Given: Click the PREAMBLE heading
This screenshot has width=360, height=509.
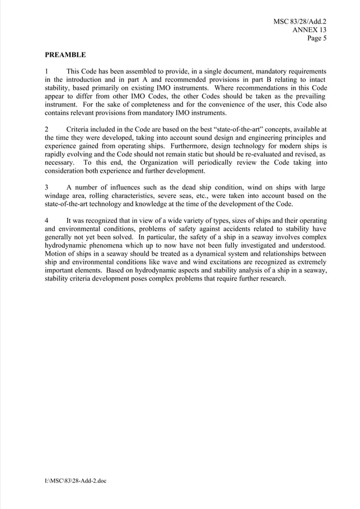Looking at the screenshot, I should tap(65, 55).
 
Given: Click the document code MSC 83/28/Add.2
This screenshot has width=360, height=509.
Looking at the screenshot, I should tap(300, 22).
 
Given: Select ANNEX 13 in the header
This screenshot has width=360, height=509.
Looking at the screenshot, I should tap(309, 30).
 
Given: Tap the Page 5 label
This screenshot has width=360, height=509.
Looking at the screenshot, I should tap(317, 38).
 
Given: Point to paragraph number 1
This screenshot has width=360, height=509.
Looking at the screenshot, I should tap(47, 72).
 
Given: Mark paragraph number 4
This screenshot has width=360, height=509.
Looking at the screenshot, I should tap(47, 221).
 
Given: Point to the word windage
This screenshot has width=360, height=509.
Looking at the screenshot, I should tap(57, 196).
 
